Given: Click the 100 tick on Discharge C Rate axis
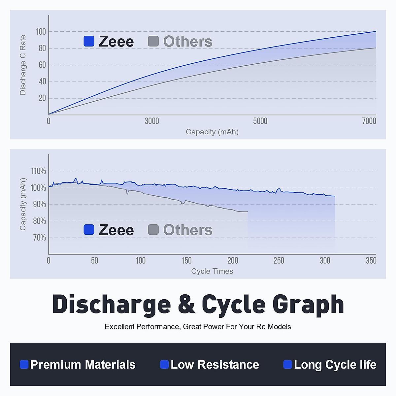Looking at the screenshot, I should coord(41,32).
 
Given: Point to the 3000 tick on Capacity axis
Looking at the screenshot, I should coord(152,121).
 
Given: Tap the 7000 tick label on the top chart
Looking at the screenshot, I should coord(369,121).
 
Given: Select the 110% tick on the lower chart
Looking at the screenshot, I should coord(38,171).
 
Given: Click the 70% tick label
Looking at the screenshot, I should coord(39,238).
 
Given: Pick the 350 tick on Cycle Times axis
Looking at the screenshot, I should coord(371,261).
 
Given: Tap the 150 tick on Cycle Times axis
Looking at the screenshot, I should coord(187,261).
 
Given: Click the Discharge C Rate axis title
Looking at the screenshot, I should coord(23,65).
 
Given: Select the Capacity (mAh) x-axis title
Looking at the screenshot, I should coord(212,132).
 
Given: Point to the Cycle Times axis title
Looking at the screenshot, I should coord(212,271).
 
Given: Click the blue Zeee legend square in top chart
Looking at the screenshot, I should coord(89,41).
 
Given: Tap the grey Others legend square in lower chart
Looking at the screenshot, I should coord(153,230).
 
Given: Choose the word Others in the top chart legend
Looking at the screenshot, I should coord(188,42).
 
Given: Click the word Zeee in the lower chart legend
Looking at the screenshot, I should coord(116,230).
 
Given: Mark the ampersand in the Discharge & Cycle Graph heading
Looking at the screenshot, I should coord(186,304).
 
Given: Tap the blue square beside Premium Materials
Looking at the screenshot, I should coord(24,364).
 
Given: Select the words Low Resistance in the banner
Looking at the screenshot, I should coord(214,365).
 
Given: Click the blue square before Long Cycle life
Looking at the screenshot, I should coord(287,364).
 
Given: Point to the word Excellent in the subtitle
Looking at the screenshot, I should coord(119,327).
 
